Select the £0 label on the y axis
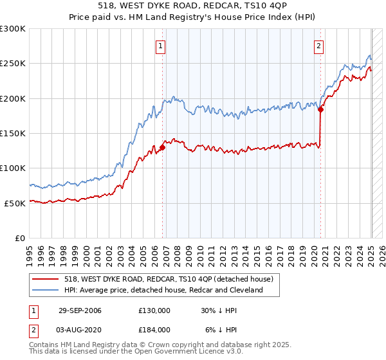point(19,238)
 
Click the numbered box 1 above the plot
point(160,46)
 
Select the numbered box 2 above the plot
point(318,46)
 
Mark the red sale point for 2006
point(162,147)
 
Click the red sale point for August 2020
point(320,109)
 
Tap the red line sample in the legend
point(45,279)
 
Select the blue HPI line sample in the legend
point(45,290)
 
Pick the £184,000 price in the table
point(154,329)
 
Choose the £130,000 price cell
point(154,310)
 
